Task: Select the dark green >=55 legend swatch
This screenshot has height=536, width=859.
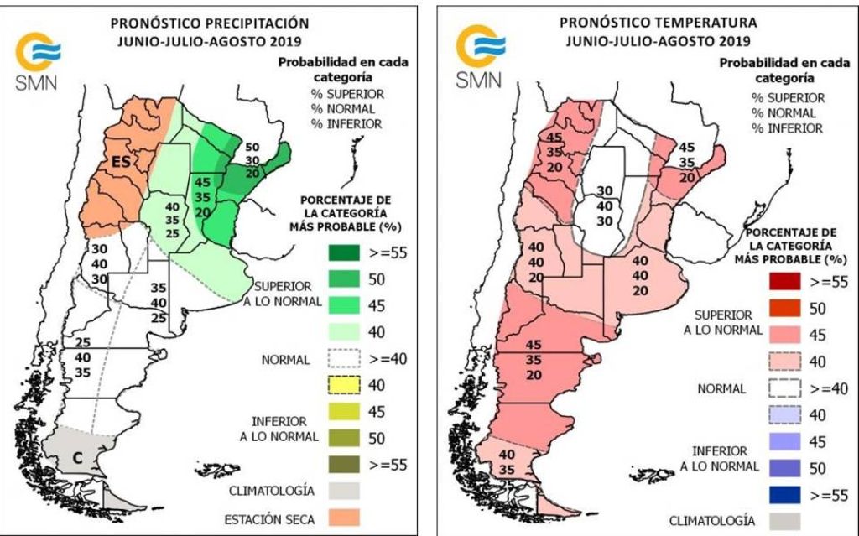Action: [x=340, y=252]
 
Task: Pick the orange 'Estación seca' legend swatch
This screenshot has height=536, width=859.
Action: [x=340, y=518]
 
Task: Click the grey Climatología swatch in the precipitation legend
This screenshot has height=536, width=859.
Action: [x=340, y=491]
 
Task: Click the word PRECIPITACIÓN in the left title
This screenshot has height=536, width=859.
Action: [x=251, y=23]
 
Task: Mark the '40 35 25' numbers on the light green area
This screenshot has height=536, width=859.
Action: [x=173, y=220]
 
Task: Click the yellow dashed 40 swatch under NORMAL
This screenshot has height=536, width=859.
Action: [x=340, y=385]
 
